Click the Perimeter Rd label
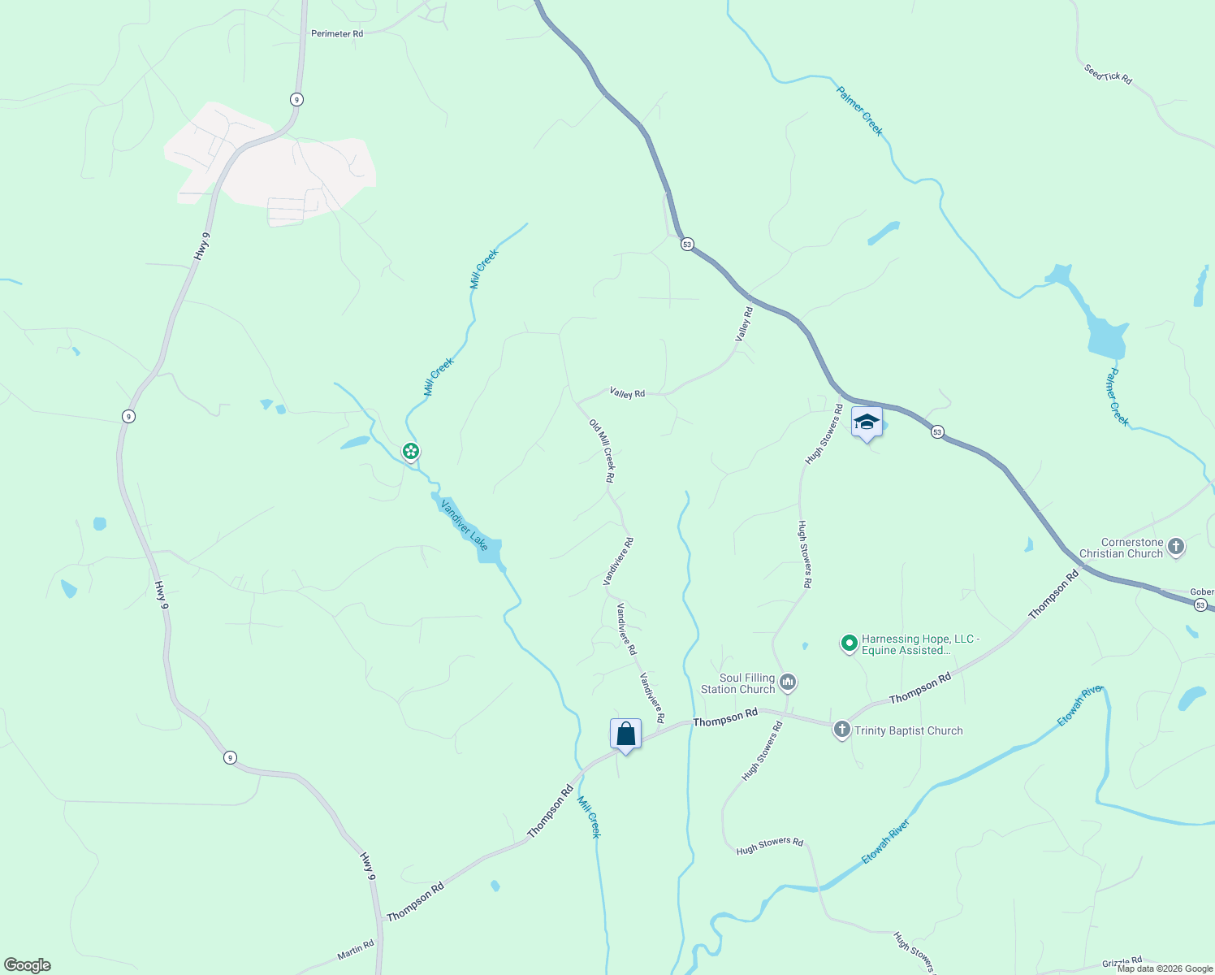[337, 34]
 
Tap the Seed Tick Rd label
[1108, 74]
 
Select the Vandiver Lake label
[465, 525]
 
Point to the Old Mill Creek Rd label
[602, 451]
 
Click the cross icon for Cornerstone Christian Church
[1175, 548]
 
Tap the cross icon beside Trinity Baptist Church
[841, 730]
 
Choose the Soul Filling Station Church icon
[787, 682]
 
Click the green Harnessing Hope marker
[849, 643]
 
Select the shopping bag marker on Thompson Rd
[625, 734]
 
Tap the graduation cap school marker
[867, 422]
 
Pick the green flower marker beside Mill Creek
[411, 451]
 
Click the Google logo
[28, 965]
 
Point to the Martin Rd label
[356, 950]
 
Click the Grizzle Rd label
[1122, 963]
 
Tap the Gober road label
[1202, 592]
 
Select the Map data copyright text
[1165, 968]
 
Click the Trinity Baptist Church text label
[908, 731]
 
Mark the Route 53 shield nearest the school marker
[937, 432]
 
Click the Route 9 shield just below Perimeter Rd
[297, 99]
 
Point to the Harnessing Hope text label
[920, 645]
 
